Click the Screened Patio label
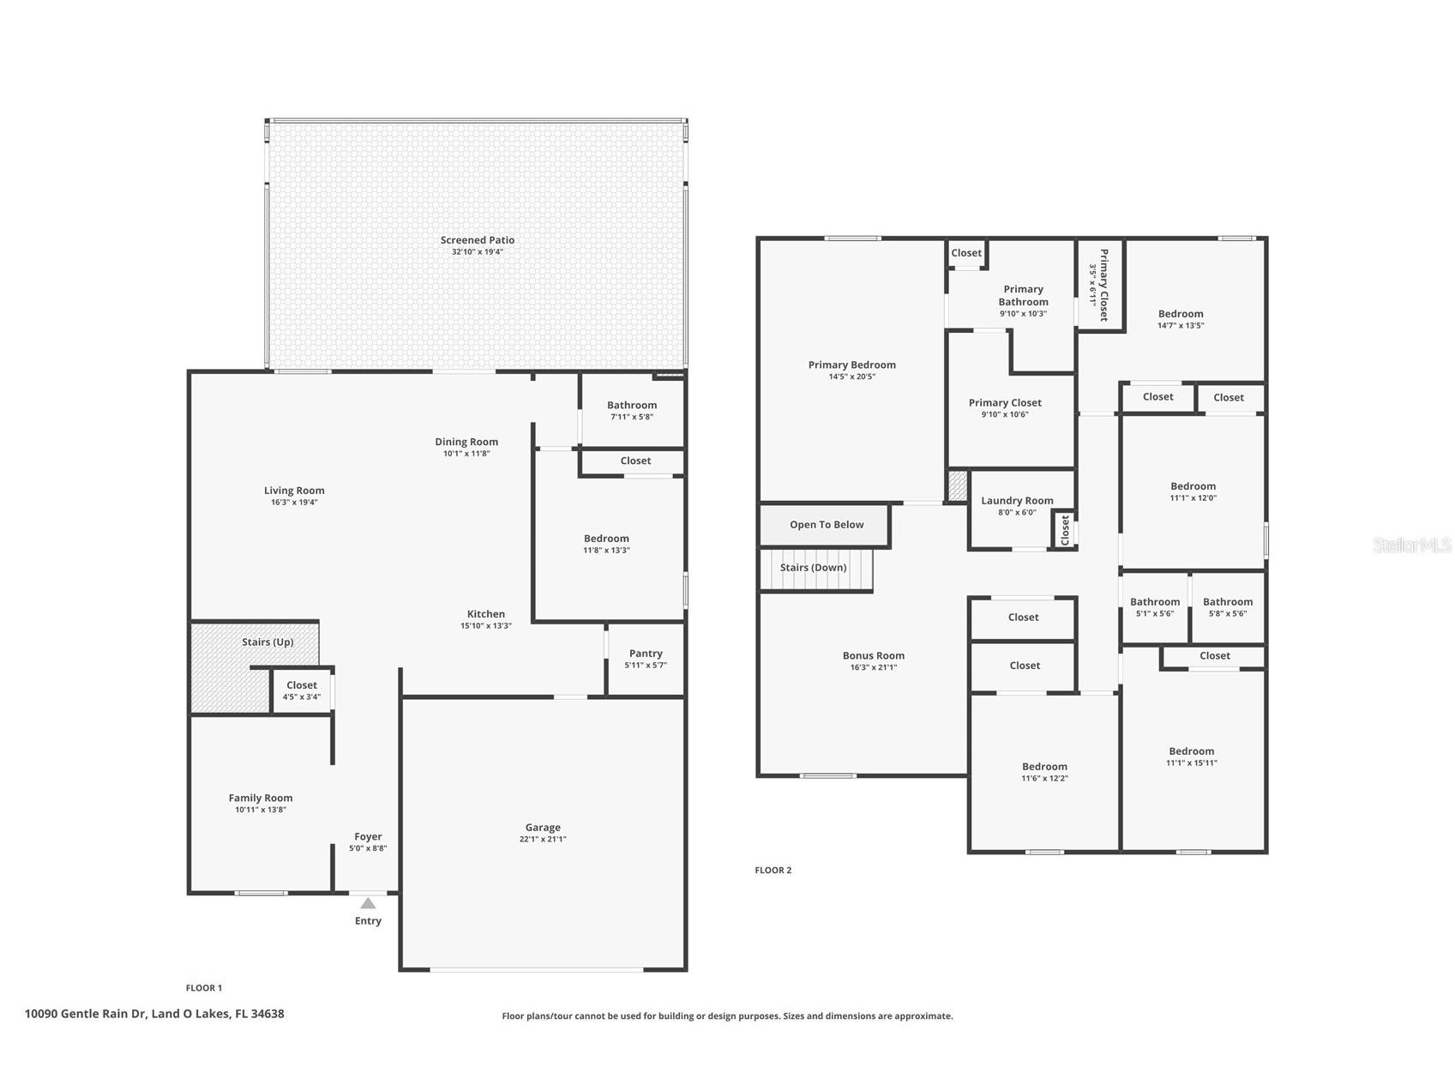(478, 240)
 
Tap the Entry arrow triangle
(368, 903)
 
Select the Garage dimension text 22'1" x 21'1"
(543, 840)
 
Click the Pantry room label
(646, 654)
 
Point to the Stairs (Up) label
(268, 642)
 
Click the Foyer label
(368, 837)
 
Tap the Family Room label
(261, 799)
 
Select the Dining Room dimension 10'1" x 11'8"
(466, 454)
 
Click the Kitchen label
(486, 614)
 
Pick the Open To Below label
(827, 525)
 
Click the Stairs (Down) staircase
(815, 570)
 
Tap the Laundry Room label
(1017, 501)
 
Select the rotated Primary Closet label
(1104, 285)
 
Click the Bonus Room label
(874, 656)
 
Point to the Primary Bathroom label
(1023, 296)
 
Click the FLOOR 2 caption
(773, 871)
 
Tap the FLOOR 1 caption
(204, 988)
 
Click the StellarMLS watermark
(1412, 545)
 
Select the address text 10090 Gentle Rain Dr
(85, 1014)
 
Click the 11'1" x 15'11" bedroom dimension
(1192, 763)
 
